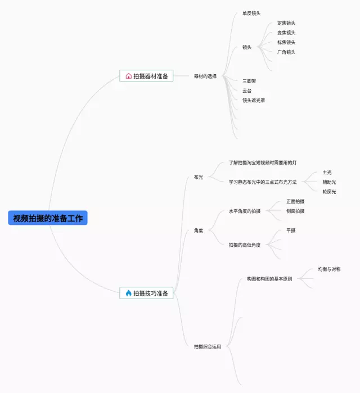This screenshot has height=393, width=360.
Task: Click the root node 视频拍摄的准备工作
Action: tap(48, 218)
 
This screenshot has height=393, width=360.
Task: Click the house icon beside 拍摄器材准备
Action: tap(128, 76)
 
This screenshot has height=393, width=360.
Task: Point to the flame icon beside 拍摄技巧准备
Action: tap(128, 293)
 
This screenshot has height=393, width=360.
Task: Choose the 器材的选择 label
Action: tap(205, 76)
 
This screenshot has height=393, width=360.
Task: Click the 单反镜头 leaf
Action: tap(251, 13)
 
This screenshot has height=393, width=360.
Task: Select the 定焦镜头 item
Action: tap(286, 23)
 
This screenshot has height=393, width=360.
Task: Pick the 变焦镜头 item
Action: tap(286, 33)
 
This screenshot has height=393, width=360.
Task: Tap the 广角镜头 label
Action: tap(286, 52)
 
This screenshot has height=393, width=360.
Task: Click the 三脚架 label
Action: tap(249, 81)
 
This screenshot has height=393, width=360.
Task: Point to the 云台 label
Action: tap(247, 91)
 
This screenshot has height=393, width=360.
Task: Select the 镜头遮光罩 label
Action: tap(254, 100)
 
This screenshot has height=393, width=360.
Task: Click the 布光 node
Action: tap(198, 177)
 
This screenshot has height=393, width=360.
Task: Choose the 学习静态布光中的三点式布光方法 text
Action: tap(263, 182)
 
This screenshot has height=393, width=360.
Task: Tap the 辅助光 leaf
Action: tap(329, 182)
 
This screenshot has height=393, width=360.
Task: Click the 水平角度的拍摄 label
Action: tap(245, 211)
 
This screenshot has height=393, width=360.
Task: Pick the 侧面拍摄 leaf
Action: tap(295, 211)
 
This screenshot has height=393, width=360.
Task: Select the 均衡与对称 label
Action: tap(329, 269)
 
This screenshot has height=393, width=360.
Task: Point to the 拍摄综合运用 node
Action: tap(208, 346)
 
